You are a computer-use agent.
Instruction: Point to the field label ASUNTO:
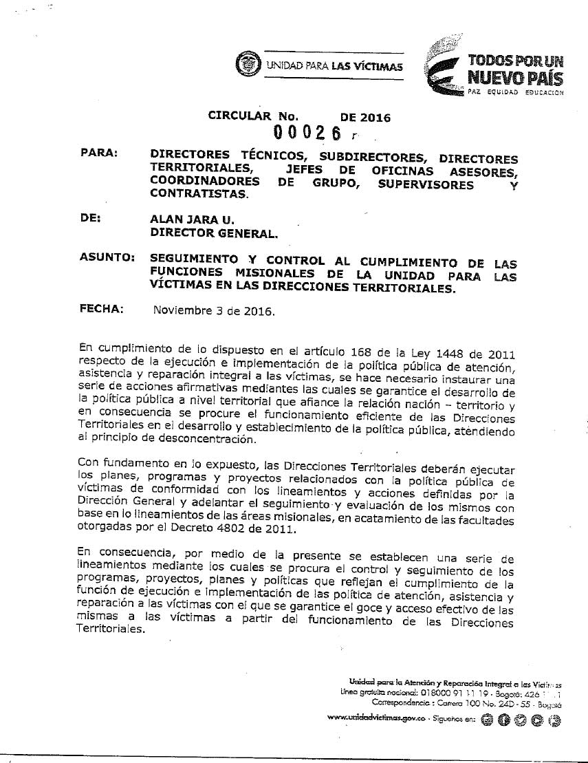pos(106,258)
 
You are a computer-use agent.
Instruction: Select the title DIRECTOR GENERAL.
pos(214,233)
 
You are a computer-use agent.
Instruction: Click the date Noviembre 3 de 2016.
pos(214,311)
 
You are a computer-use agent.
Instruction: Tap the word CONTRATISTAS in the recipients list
pos(198,195)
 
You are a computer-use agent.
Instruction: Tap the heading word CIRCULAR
pos(241,117)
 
